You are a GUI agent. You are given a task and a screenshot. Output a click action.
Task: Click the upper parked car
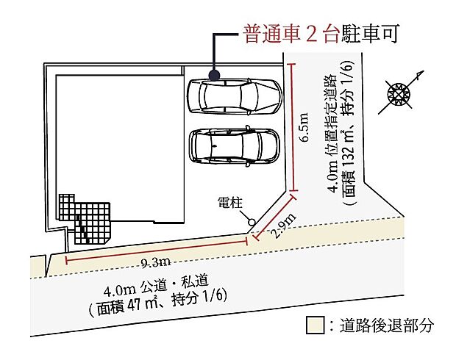pos(234,96)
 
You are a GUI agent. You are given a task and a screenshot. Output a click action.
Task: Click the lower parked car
pos(234,145)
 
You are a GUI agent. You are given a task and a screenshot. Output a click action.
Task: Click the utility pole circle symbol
pos(252,221)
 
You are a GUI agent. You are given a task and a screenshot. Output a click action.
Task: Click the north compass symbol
pos(399,94)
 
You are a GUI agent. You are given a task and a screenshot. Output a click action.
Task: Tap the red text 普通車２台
pos(290,34)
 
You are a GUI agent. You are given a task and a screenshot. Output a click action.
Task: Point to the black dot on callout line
pos(214,75)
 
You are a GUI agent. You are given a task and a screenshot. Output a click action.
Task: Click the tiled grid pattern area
pos(86,219)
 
